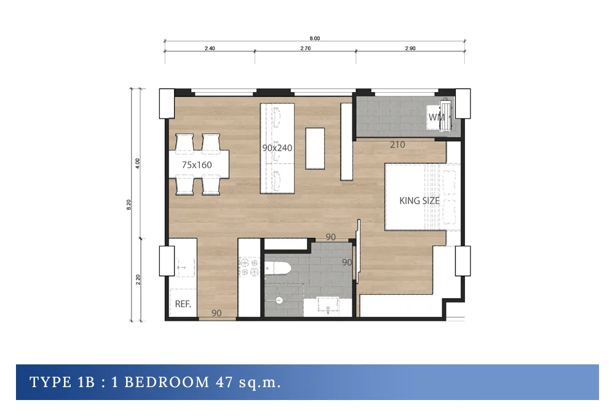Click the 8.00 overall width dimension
click(314, 38)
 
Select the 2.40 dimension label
click(210, 49)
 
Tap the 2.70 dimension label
click(306, 49)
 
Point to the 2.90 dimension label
click(410, 49)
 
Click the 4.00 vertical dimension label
click(137, 163)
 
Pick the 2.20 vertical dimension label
click(138, 280)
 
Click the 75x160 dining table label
click(197, 165)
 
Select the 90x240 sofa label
click(277, 148)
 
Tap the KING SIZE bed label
click(419, 201)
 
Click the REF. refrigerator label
click(183, 304)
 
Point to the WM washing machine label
click(437, 117)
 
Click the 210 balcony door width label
click(397, 144)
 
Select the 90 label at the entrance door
click(216, 313)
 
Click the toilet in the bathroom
click(278, 269)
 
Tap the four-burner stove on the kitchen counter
click(249, 266)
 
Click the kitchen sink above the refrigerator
click(184, 267)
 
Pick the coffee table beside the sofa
click(315, 149)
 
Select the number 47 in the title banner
click(224, 382)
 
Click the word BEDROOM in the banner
click(167, 382)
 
